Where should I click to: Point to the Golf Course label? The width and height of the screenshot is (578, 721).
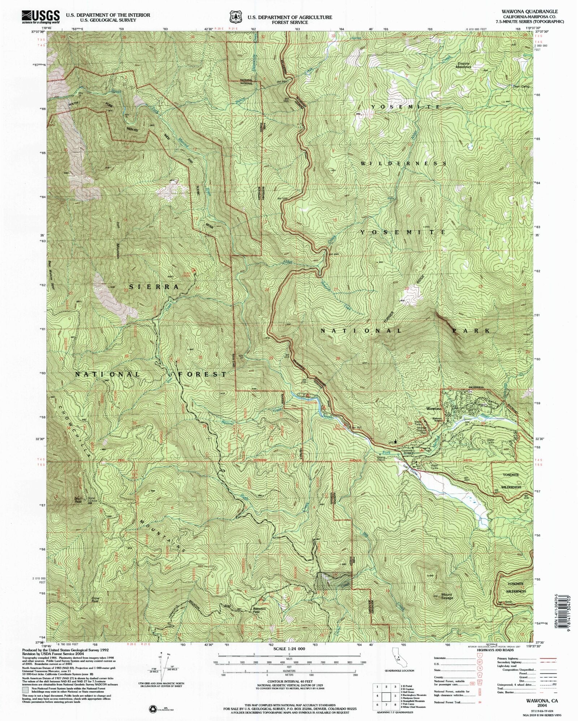(411, 469)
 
